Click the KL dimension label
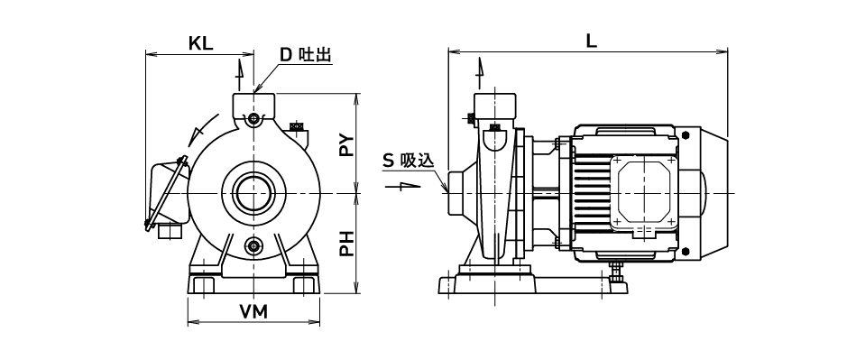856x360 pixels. point(200,44)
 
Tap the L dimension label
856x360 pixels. point(591,42)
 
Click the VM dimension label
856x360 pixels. point(253,312)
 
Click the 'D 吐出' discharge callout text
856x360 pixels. point(306,55)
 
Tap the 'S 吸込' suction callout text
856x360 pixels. point(408,161)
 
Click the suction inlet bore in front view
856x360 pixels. point(253,193)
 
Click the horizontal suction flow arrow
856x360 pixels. point(403,186)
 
